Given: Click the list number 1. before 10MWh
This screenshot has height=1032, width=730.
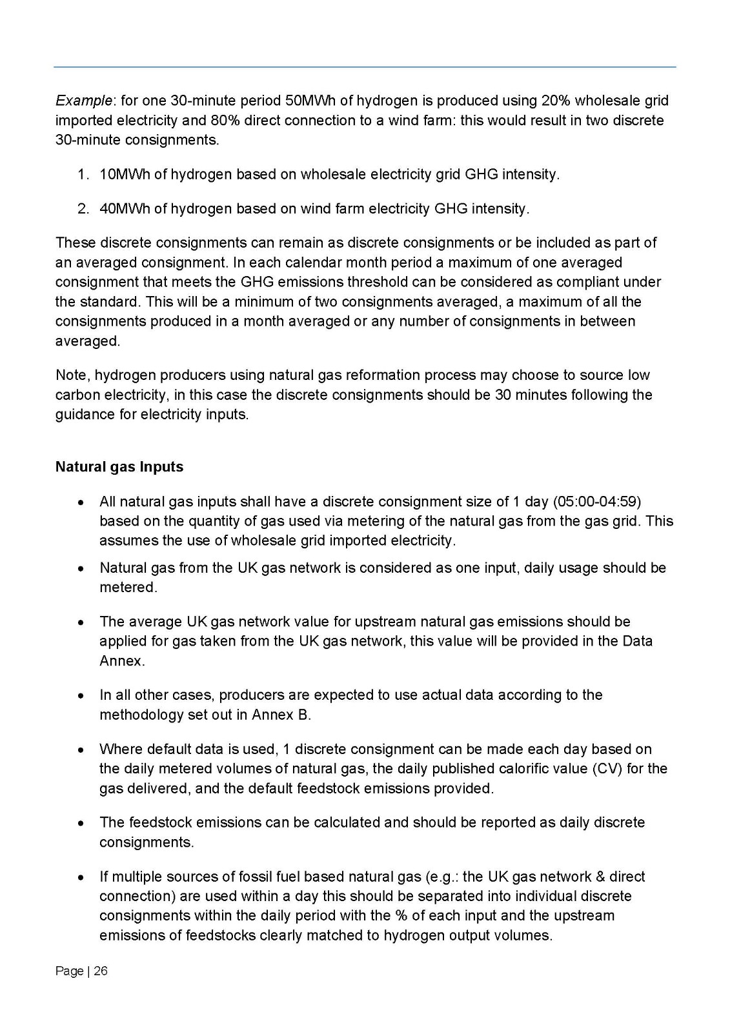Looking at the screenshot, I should point(83,175).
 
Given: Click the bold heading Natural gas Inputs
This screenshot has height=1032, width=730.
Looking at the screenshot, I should point(119,467).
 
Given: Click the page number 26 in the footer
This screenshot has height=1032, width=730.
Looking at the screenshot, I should point(101,971).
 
